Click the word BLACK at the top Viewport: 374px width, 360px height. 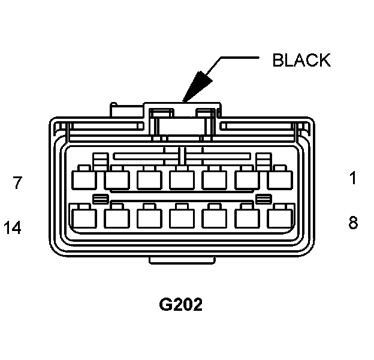click(301, 61)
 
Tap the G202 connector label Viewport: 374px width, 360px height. click(180, 304)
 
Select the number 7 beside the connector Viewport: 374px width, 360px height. click(18, 182)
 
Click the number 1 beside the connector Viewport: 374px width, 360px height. click(353, 178)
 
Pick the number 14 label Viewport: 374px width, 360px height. click(13, 228)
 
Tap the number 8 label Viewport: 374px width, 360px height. click(353, 223)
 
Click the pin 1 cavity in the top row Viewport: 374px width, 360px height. click(277, 179)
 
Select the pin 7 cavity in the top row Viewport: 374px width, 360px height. click(82, 179)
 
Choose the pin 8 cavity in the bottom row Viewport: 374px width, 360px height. click(277, 216)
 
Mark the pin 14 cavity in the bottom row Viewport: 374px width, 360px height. click(82, 216)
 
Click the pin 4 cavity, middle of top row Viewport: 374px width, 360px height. click(179, 179)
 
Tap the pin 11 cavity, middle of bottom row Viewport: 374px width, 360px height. click(179, 216)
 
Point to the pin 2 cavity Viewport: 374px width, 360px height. click(245, 179)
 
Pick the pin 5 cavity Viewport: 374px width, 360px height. click(147, 179)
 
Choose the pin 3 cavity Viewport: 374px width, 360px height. click(212, 179)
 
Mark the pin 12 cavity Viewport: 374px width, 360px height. click(147, 216)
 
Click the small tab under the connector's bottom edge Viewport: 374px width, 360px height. click(180, 259)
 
